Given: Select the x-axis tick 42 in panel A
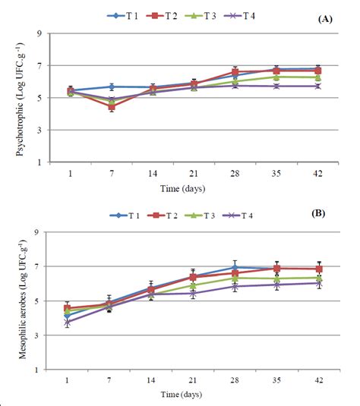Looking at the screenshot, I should click(319, 172).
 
